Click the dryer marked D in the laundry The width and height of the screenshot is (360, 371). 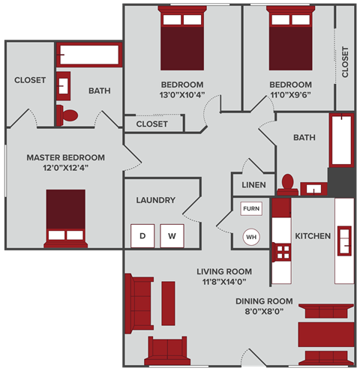click(x=142, y=235)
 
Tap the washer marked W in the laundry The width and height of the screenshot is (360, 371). click(x=172, y=235)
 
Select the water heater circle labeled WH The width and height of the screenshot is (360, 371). click(x=250, y=238)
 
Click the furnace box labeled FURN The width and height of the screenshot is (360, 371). click(x=250, y=209)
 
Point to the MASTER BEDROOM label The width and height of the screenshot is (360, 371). click(x=66, y=158)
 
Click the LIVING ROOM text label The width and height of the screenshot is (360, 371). click(x=224, y=271)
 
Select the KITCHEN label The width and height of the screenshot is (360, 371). click(x=313, y=236)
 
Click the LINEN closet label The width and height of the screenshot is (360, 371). click(x=253, y=184)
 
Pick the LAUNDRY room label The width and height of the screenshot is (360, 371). click(x=156, y=200)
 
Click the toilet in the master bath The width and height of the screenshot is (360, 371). click(x=68, y=115)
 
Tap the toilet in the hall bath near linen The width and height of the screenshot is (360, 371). click(x=286, y=183)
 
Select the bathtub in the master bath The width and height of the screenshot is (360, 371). click(x=88, y=55)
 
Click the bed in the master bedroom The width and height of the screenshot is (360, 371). click(x=65, y=217)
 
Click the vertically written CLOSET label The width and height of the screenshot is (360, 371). click(x=345, y=62)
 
